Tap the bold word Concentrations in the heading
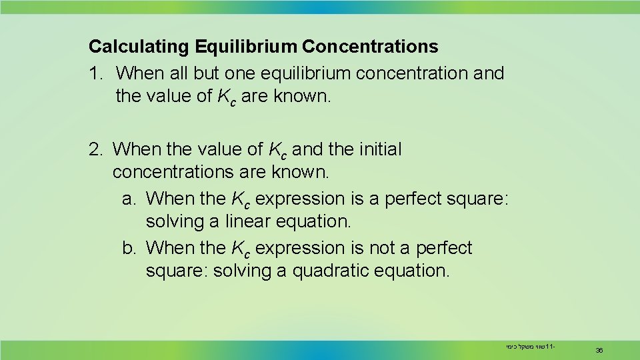pos(370,47)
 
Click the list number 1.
pos(94,72)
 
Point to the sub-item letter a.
pos(129,199)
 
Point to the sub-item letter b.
pos(129,248)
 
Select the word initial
pos(379,149)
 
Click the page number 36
pos(599,349)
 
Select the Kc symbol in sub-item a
pos(241,199)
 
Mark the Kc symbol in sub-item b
pos(241,249)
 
